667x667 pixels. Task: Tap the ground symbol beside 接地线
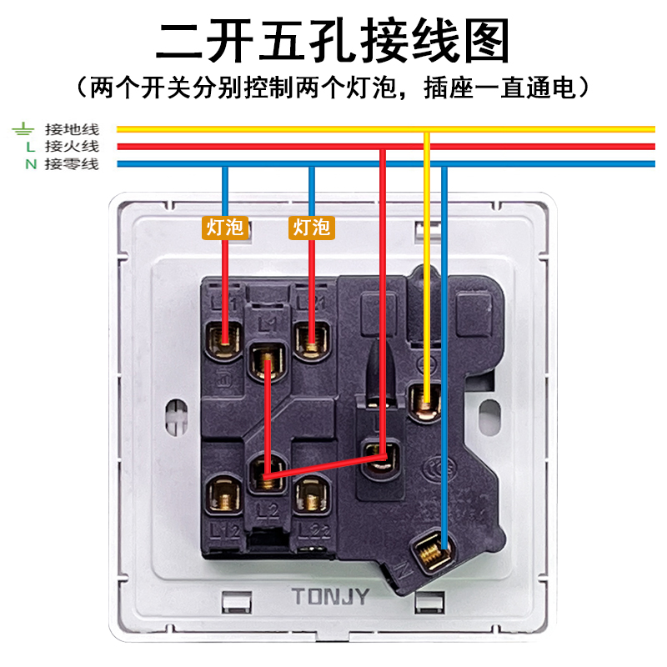(x=23, y=129)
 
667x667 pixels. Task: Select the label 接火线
(x=72, y=147)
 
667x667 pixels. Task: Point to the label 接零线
(x=72, y=164)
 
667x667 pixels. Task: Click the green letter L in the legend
(x=30, y=147)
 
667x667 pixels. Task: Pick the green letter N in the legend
(x=30, y=164)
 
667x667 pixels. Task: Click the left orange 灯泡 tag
(x=226, y=227)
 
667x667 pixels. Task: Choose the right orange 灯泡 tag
(x=312, y=227)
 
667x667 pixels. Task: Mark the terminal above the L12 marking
(x=223, y=499)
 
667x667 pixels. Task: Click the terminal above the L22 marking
(x=311, y=499)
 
